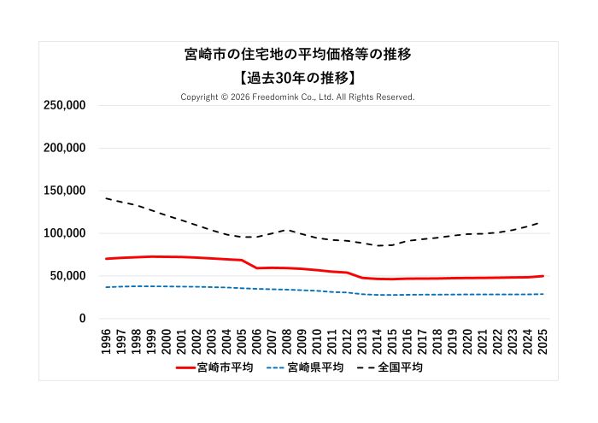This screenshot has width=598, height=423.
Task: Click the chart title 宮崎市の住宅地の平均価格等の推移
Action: tap(298, 55)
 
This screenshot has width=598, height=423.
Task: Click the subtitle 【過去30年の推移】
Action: tap(298, 77)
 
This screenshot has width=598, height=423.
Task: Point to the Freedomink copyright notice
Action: tap(297, 97)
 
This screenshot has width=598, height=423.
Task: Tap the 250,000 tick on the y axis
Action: tap(64, 105)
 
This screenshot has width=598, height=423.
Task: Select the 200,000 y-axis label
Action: tap(64, 148)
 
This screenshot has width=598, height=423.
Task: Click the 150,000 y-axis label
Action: tap(64, 191)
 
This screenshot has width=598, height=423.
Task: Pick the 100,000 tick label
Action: tap(64, 233)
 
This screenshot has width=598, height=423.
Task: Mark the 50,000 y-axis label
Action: tap(67, 276)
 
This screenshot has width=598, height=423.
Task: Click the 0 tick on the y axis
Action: tap(82, 319)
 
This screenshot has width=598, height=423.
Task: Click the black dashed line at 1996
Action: tap(107, 198)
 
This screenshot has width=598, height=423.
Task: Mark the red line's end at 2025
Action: tap(542, 276)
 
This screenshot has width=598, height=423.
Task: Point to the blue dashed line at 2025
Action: tap(542, 294)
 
